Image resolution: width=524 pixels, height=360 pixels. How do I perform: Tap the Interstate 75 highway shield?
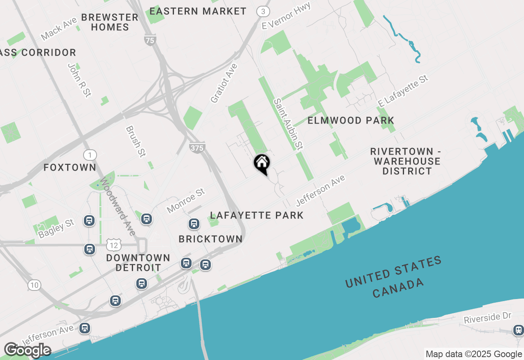pyautogui.click(x=150, y=40)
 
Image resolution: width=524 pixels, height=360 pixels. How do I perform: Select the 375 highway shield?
pyautogui.click(x=197, y=148)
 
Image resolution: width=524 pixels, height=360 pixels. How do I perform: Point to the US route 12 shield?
pyautogui.click(x=113, y=245)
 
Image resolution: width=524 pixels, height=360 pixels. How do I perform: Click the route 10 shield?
pyautogui.click(x=34, y=285)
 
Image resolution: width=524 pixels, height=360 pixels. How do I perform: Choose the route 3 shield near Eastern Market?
pyautogui.click(x=263, y=11)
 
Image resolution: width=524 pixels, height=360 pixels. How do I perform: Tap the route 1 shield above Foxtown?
pyautogui.click(x=90, y=155)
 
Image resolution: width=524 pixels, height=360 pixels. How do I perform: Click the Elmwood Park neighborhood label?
pyautogui.click(x=351, y=120)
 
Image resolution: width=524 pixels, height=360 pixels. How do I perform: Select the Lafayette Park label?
pyautogui.click(x=257, y=215)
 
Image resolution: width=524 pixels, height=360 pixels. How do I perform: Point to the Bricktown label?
pyautogui.click(x=210, y=239)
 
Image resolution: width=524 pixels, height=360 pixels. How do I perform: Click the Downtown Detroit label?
pyautogui.click(x=138, y=263)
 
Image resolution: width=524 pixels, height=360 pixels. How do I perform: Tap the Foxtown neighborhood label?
pyautogui.click(x=70, y=167)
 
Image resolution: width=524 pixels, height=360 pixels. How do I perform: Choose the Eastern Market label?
pyautogui.click(x=198, y=11)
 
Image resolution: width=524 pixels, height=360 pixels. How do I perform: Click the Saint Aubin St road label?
pyautogui.click(x=288, y=124)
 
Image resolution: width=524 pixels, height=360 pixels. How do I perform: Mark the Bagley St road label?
pyautogui.click(x=56, y=228)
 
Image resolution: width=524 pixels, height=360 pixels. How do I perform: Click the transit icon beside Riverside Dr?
pyautogui.click(x=518, y=330)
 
